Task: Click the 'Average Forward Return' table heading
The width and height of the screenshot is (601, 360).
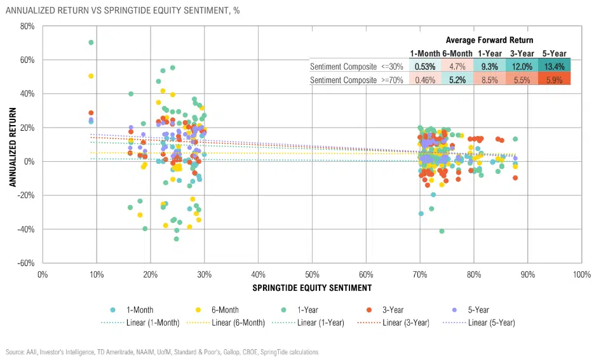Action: pos(489,40)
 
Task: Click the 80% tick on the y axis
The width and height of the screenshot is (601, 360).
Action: pos(26,26)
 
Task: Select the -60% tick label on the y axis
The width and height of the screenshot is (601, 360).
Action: pos(25,263)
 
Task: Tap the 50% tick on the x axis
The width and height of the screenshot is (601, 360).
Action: pos(312,275)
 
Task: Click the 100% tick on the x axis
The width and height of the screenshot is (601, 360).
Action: pos(581,275)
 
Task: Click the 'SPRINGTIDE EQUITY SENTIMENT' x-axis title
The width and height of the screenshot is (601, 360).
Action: pos(312,288)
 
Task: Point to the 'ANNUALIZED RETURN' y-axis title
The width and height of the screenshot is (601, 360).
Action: pos(12,144)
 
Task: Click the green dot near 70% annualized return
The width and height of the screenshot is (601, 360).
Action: pos(91,43)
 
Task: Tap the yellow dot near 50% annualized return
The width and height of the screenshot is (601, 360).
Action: pos(91,76)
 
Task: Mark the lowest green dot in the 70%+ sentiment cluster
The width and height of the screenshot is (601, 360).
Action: pos(442,231)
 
